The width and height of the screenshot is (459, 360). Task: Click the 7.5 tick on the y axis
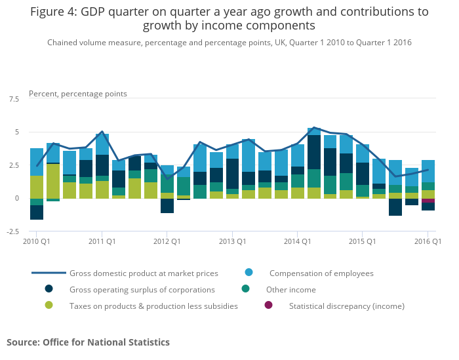pyautogui.click(x=13, y=99)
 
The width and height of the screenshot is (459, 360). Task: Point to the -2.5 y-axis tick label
pyautogui.click(x=12, y=231)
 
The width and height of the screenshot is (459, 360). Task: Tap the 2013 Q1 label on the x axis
pyautogui.click(x=232, y=242)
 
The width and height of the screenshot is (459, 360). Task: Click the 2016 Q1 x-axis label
pyautogui.click(x=428, y=242)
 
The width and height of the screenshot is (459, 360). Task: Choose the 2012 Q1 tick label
pyautogui.click(x=167, y=242)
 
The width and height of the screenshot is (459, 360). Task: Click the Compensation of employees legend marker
pyautogui.click(x=249, y=273)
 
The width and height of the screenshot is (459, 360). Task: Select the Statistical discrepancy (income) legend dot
pyautogui.click(x=268, y=306)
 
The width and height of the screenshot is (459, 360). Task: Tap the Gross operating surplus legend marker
pyautogui.click(x=49, y=289)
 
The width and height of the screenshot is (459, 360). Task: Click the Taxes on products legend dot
pyautogui.click(x=49, y=306)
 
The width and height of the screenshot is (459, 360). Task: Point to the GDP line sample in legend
pyautogui.click(x=49, y=273)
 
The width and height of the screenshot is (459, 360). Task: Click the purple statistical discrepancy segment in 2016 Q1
pyautogui.click(x=428, y=201)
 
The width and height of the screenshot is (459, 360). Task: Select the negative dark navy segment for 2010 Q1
pyautogui.click(x=37, y=212)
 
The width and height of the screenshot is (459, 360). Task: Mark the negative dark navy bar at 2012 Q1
pyautogui.click(x=167, y=205)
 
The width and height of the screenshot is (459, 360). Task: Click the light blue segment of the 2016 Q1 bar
pyautogui.click(x=428, y=171)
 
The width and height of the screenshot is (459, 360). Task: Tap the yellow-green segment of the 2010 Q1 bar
pyautogui.click(x=37, y=187)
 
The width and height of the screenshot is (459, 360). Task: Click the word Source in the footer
pyautogui.click(x=23, y=342)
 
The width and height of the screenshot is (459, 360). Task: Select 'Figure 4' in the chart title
pyautogui.click(x=54, y=12)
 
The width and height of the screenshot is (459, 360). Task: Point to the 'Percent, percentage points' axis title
pyautogui.click(x=78, y=94)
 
